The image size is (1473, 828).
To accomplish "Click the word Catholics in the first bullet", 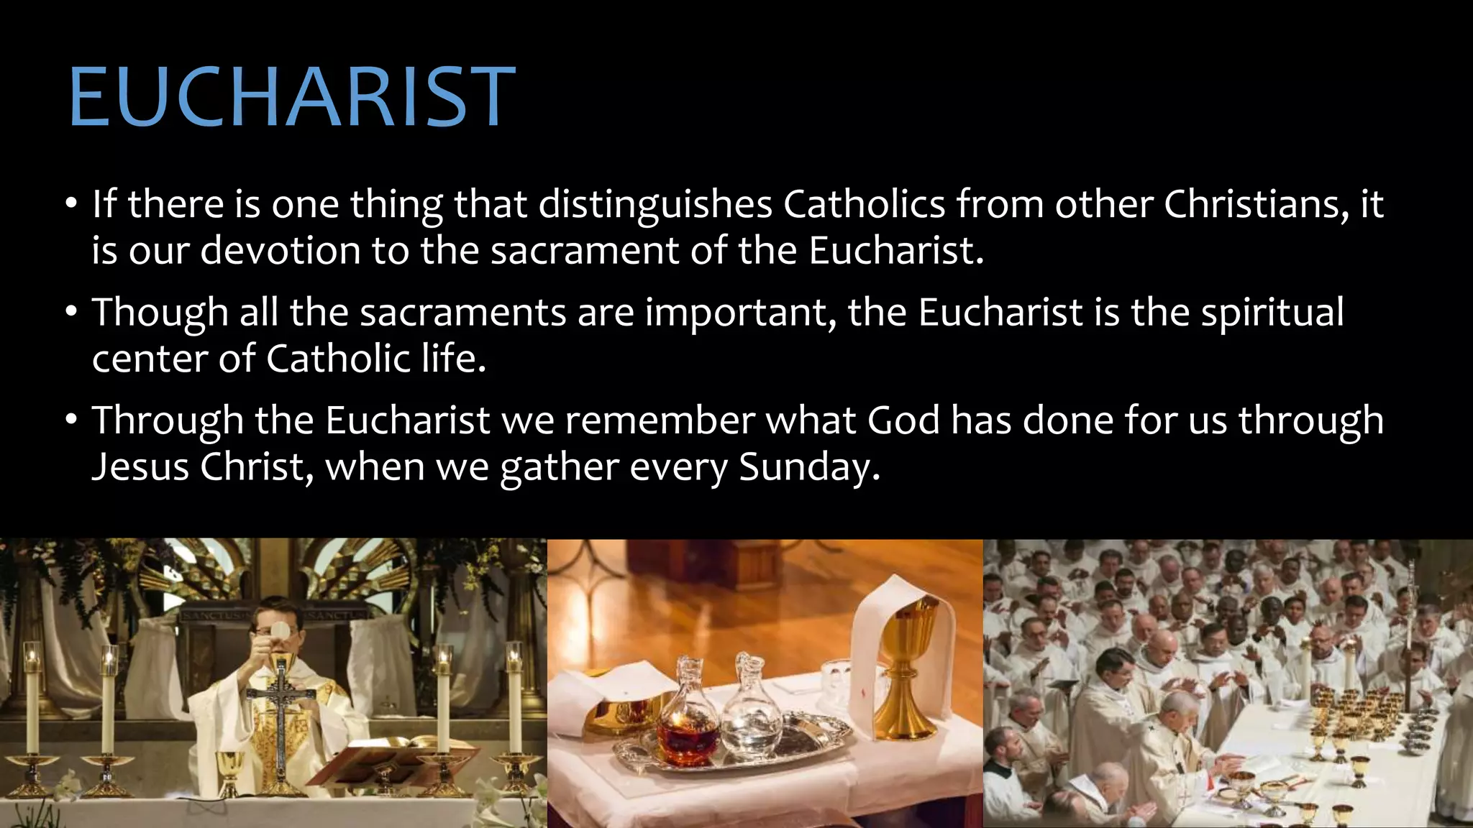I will [x=864, y=204].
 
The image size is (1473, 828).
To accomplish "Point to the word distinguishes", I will [x=655, y=206].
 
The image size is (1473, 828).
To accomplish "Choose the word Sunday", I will [x=808, y=467].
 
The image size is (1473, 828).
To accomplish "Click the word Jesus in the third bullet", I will [x=140, y=467].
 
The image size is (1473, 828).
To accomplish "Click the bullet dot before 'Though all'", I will [x=70, y=313].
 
